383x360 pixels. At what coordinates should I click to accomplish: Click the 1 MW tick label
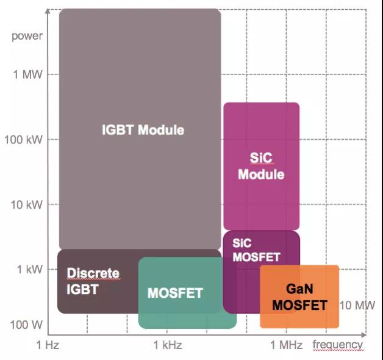[x=27, y=74]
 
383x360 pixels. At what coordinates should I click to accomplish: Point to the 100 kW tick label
[x=23, y=140]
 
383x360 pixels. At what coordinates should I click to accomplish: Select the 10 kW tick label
[x=26, y=204]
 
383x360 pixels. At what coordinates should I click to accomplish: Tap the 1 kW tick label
[x=29, y=269]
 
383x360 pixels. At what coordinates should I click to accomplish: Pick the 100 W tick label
[x=26, y=325]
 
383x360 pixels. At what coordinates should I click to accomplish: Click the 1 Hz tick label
[x=48, y=345]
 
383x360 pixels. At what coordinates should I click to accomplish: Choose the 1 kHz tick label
[x=168, y=345]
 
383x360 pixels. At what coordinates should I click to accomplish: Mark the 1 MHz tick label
[x=286, y=345]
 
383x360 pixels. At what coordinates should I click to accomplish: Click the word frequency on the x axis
[x=338, y=345]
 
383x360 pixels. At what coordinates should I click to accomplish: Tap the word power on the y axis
[x=27, y=36]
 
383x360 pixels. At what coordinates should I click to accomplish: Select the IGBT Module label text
[x=143, y=129]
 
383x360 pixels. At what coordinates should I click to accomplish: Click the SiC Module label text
[x=261, y=166]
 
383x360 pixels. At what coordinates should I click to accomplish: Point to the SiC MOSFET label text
[x=256, y=250]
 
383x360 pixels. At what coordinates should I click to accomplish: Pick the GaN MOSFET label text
[x=299, y=297]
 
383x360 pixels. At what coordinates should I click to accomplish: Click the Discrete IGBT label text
[x=93, y=281]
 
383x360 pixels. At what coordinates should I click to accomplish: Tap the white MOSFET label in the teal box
[x=175, y=293]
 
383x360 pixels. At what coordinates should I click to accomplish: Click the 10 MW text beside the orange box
[x=357, y=305]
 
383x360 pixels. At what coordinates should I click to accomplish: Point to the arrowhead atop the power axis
[x=48, y=11]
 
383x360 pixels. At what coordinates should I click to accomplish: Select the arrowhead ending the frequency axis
[x=364, y=334]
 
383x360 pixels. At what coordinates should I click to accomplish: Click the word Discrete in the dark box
[x=93, y=273]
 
